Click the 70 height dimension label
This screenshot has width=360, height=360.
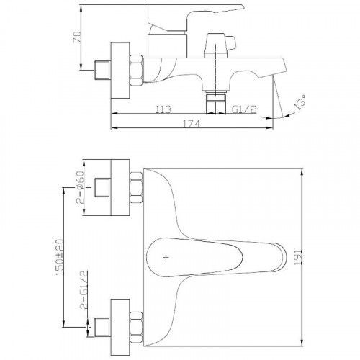point(77,37)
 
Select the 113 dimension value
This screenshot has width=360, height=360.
point(163,109)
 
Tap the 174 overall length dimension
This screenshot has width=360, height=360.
point(192,124)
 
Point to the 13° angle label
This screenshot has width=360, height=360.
point(300,102)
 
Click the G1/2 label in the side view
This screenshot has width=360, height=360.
point(244,109)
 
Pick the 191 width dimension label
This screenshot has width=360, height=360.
point(298,257)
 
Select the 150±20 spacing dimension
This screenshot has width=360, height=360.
point(60,257)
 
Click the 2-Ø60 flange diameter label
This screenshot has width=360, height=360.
point(81,187)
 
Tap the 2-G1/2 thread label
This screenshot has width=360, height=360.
point(83,289)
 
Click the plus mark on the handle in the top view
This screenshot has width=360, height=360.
point(166,258)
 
